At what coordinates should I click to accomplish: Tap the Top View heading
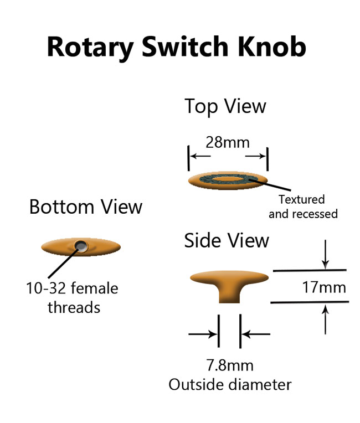pyautogui.click(x=225, y=106)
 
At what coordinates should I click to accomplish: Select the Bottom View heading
pyautogui.click(x=86, y=207)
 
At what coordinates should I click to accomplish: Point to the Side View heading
pyautogui.click(x=227, y=241)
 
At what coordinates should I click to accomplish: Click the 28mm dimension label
pyautogui.click(x=228, y=142)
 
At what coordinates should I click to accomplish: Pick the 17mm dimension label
pyautogui.click(x=324, y=288)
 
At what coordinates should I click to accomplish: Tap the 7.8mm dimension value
pyautogui.click(x=230, y=365)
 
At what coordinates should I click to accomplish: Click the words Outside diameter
pyautogui.click(x=230, y=384)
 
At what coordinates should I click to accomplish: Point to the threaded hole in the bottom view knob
pyautogui.click(x=81, y=246)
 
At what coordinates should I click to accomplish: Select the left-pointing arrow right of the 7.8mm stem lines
pyautogui.click(x=256, y=334)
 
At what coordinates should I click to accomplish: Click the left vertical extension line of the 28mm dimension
pyautogui.click(x=189, y=158)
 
